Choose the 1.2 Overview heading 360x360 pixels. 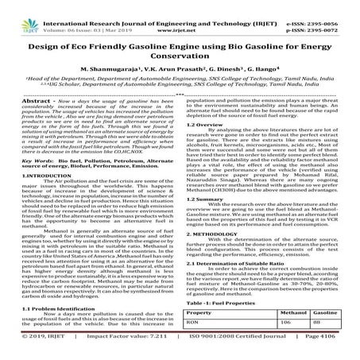(206, 126)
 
